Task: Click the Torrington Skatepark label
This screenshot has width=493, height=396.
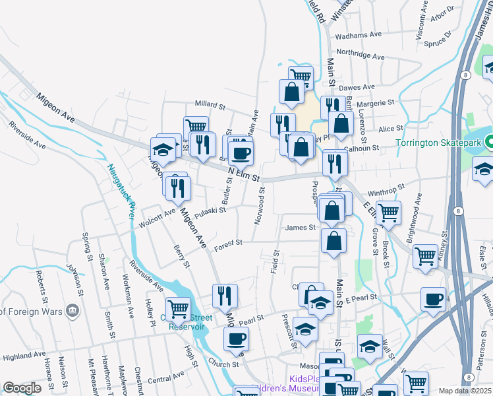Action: click(438, 143)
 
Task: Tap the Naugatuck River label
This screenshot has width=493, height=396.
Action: click(121, 191)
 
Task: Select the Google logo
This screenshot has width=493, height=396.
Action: click(22, 388)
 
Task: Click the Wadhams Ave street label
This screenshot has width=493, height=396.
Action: click(359, 35)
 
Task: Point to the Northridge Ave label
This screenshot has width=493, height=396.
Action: click(360, 56)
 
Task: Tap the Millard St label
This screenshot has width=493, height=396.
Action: click(210, 105)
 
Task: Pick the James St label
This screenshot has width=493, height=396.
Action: click(301, 228)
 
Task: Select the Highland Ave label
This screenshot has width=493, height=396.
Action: click(24, 356)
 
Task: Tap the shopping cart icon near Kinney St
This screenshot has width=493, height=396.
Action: click(426, 255)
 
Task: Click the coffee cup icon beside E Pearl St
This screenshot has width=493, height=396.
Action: click(433, 299)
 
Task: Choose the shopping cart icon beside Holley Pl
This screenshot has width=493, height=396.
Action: click(178, 308)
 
